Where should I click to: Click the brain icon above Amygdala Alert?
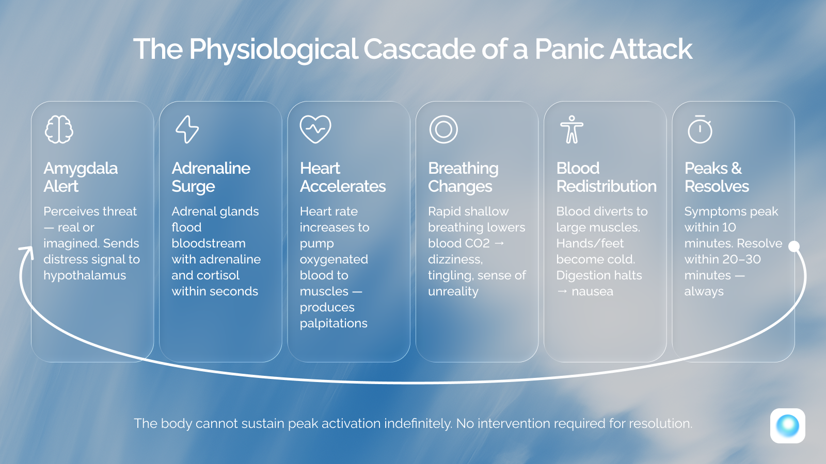pos(59,129)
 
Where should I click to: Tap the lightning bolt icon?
pos(187,129)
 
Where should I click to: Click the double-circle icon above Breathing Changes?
pos(443,129)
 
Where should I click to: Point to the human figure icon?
pos(571,129)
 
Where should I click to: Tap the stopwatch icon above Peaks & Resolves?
pos(700,129)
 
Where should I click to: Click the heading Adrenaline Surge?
pos(211,177)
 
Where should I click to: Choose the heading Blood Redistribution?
pos(606,177)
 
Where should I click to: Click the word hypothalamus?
pos(85,275)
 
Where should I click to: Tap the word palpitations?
pos(333,323)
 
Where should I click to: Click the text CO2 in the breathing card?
pos(477,243)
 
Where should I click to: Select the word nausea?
pos(592,291)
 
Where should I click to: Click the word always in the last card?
pos(704,291)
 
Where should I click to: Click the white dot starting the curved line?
pos(795,246)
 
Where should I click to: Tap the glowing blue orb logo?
pos(787,426)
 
